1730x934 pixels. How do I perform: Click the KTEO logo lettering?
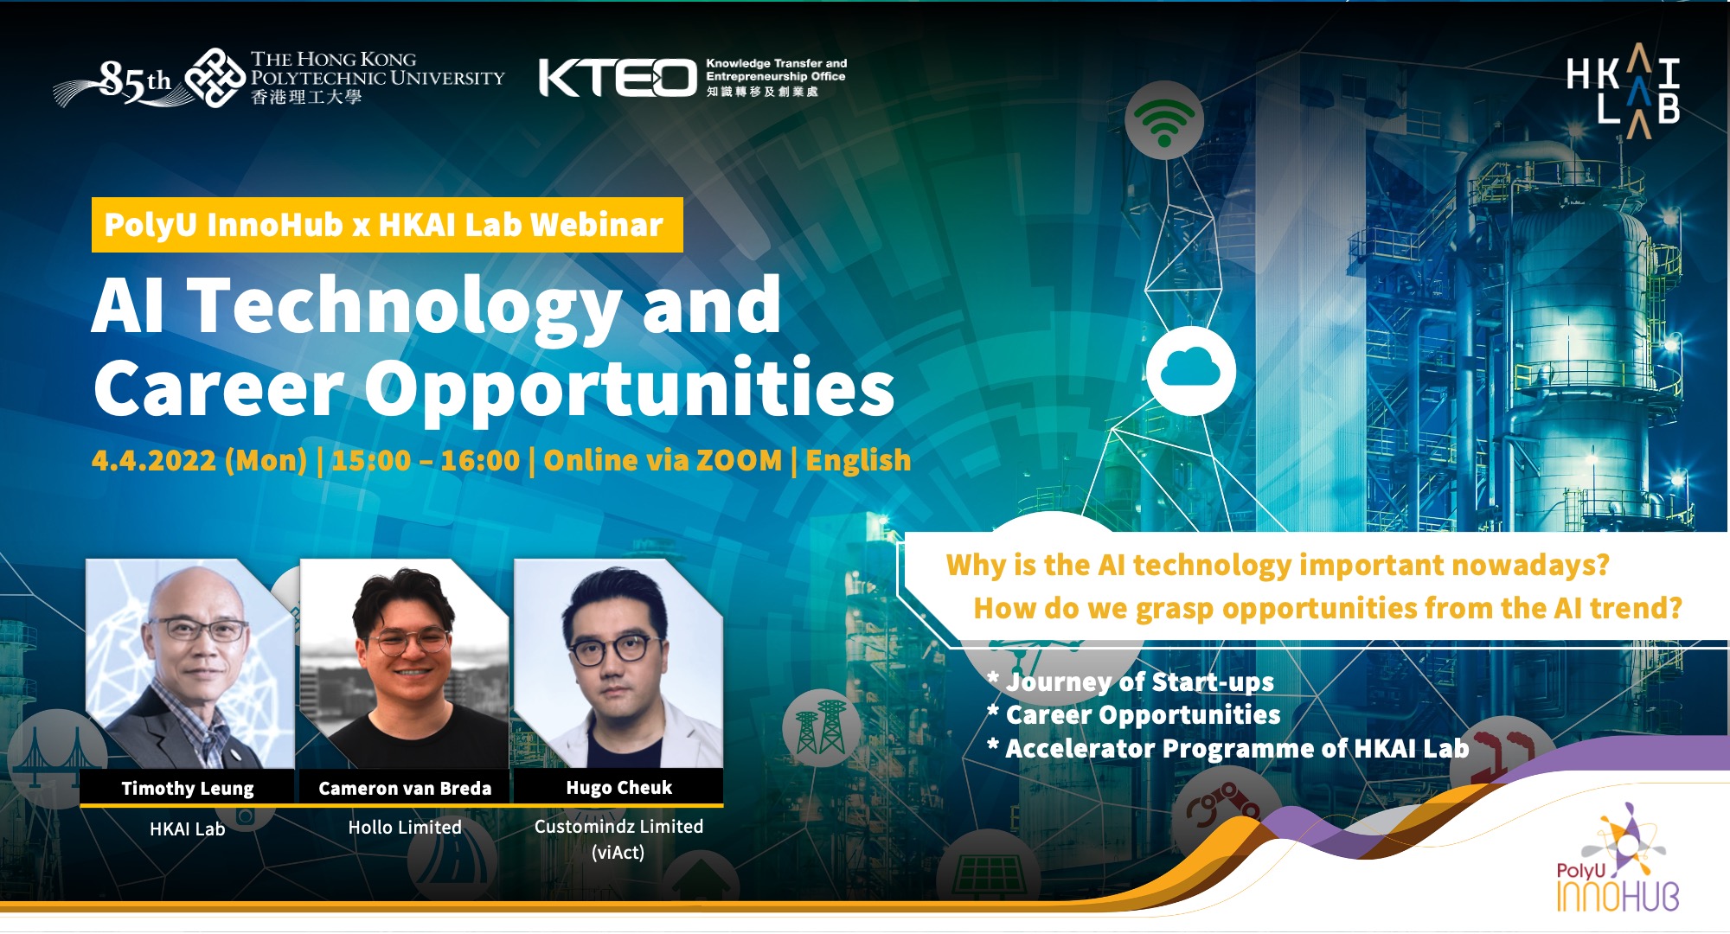(x=617, y=78)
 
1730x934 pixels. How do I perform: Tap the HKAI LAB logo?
(x=1623, y=90)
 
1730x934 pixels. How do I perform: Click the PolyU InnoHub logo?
(x=1616, y=865)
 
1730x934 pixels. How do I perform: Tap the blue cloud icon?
(x=1190, y=370)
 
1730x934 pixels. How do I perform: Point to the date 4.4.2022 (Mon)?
(x=199, y=460)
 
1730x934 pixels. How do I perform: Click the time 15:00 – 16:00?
(x=425, y=460)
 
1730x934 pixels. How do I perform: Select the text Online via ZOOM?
(x=663, y=460)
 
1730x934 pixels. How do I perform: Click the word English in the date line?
(x=858, y=460)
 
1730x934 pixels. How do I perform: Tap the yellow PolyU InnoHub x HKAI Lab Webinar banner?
(x=387, y=225)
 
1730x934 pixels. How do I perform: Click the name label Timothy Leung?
(x=188, y=788)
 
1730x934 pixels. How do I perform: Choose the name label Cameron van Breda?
(x=405, y=788)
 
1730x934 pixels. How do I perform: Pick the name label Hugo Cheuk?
(x=618, y=787)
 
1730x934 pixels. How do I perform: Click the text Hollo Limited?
(x=405, y=828)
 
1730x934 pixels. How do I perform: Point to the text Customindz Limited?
(x=618, y=827)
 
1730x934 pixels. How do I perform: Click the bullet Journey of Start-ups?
(x=1139, y=681)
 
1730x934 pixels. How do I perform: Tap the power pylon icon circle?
(x=820, y=727)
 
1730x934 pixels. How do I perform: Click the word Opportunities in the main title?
(x=629, y=389)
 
